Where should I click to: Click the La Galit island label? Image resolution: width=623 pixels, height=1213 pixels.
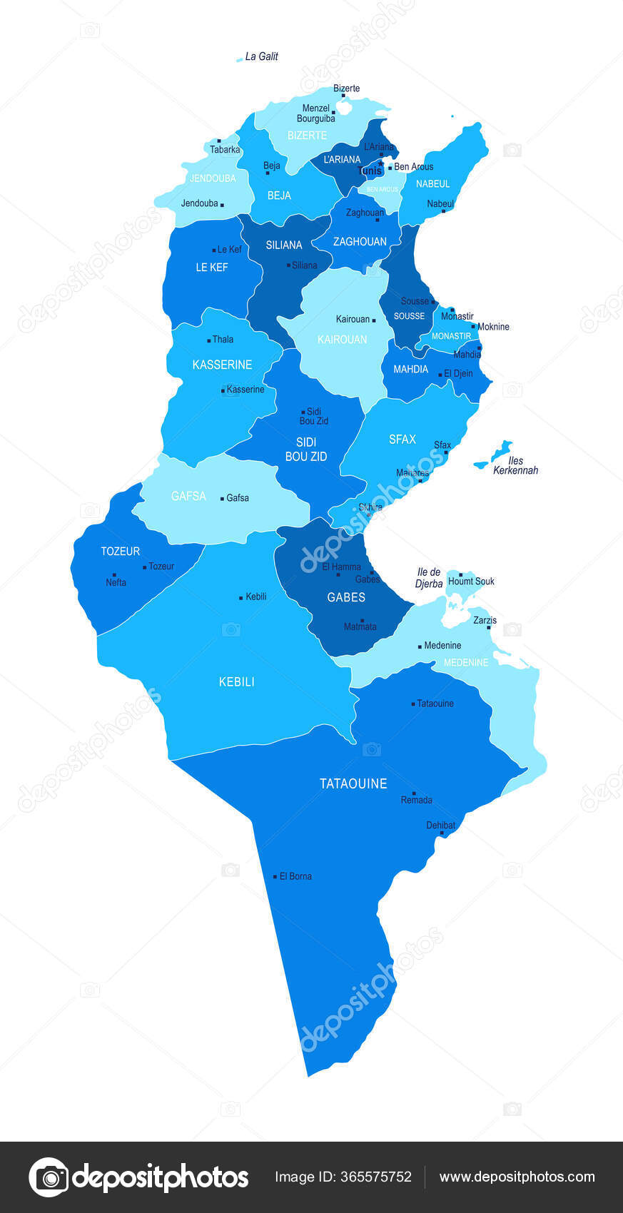point(261,56)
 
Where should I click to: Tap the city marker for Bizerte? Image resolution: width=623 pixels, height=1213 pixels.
point(343,96)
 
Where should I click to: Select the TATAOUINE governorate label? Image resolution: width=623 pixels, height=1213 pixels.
point(353,783)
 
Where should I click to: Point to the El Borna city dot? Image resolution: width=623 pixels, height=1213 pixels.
point(275,876)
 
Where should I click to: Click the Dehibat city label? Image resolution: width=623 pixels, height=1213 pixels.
point(440,826)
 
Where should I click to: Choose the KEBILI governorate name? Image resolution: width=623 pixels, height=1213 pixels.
point(236,682)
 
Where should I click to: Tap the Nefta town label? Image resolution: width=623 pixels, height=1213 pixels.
point(116,582)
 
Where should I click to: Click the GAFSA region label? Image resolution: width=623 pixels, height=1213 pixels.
point(188,496)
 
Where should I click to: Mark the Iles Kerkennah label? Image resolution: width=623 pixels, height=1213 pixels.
point(515,466)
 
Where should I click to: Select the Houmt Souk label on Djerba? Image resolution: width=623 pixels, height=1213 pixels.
point(471,582)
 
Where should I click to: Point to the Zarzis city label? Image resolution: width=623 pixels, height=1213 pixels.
point(485,620)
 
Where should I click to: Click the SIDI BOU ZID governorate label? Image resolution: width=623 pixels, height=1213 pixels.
point(306,450)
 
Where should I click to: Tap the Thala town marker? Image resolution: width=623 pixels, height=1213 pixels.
point(208,340)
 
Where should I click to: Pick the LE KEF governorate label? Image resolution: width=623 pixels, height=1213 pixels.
point(212,268)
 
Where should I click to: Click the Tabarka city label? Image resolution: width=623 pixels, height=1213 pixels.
point(225,150)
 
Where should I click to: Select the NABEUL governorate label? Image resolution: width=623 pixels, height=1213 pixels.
point(433,184)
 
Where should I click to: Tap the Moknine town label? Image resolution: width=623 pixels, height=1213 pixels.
point(493,327)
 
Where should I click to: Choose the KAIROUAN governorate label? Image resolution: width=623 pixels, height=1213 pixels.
point(343,340)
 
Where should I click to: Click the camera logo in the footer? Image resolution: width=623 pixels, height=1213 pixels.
point(49,1177)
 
